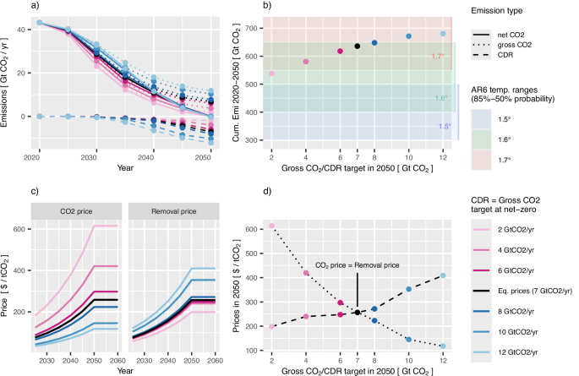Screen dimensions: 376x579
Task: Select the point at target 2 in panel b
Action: [271, 74]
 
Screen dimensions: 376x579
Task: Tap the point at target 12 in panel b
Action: [443, 34]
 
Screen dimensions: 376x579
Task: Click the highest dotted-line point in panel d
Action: [271, 226]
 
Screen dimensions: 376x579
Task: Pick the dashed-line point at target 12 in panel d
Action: [443, 275]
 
